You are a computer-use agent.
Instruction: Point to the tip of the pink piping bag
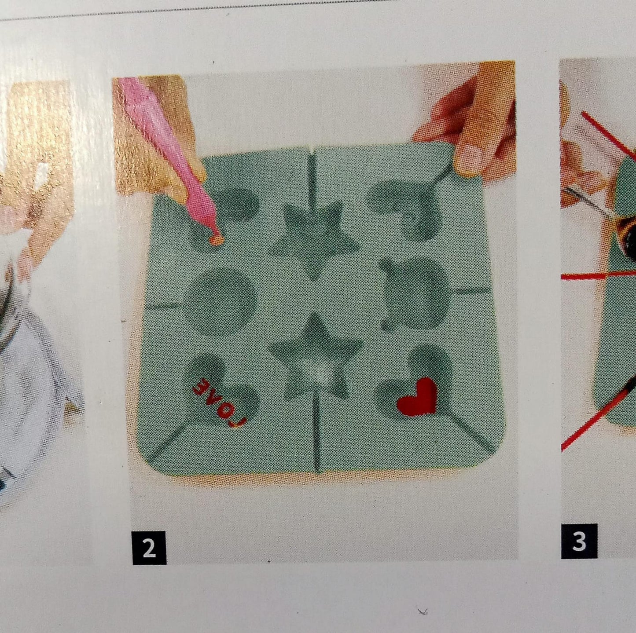[215, 240]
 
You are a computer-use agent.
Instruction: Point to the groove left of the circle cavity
[165, 305]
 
